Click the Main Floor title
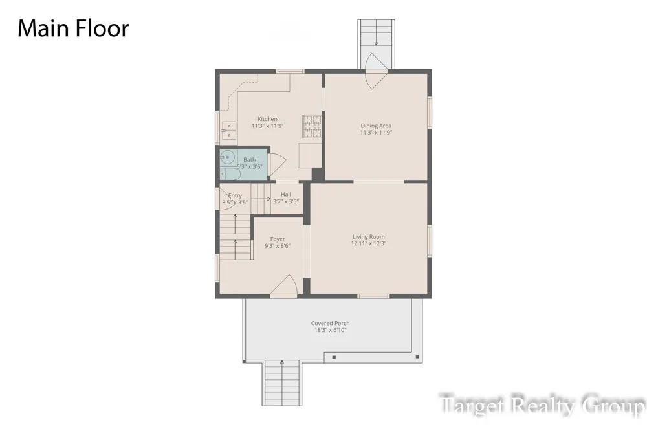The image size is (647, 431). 73,28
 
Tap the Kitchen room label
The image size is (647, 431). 267,119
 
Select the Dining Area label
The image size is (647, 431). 376,126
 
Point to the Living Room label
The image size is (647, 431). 369,237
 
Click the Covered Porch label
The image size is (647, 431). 330,324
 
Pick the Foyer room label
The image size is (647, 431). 278,239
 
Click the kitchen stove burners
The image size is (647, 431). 313,126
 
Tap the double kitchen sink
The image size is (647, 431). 228,131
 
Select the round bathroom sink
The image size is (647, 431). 227,157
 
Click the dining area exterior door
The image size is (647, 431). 376,71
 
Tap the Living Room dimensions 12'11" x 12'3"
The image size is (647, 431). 369,243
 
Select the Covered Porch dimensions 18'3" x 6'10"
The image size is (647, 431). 330,330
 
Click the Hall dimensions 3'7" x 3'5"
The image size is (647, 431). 285,201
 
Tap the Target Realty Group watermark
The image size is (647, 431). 542,404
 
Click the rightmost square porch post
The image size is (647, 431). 417,357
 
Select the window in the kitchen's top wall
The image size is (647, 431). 290,71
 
